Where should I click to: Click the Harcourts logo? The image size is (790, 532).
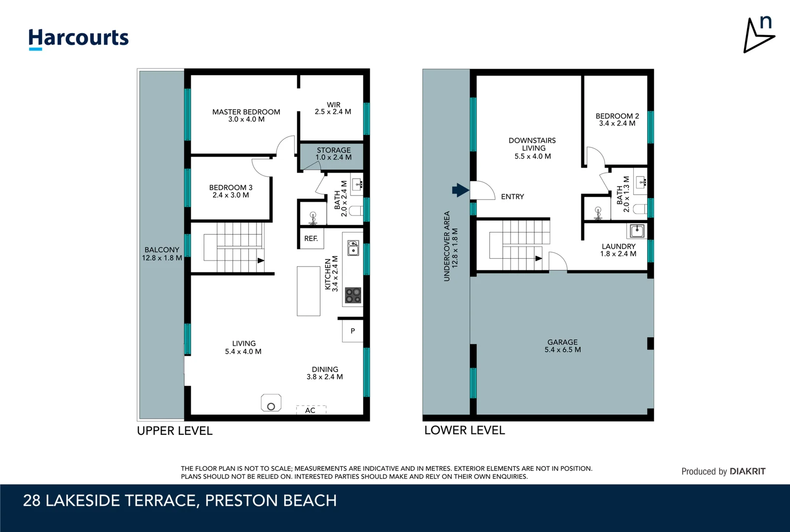(x=78, y=39)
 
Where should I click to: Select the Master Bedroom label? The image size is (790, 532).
(x=246, y=115)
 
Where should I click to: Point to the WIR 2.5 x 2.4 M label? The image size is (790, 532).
(x=333, y=108)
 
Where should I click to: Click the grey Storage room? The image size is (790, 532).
(x=332, y=156)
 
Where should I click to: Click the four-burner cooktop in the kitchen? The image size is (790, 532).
(x=353, y=296)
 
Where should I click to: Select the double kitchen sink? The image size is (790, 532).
(x=353, y=248)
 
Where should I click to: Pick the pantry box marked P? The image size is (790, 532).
(x=353, y=331)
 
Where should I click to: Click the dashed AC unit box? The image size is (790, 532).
(x=311, y=410)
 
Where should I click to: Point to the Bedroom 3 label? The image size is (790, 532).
(x=231, y=191)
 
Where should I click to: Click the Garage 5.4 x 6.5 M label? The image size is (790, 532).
(x=562, y=346)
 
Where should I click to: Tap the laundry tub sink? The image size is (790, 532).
(x=637, y=232)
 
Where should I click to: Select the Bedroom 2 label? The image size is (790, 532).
(x=617, y=120)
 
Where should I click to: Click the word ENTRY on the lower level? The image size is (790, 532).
(x=513, y=197)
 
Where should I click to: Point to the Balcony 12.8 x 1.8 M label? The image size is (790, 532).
(x=162, y=254)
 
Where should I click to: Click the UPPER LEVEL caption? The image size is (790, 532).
(x=174, y=431)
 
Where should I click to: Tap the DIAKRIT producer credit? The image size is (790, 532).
(x=747, y=471)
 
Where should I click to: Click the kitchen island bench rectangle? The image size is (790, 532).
(x=309, y=291)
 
